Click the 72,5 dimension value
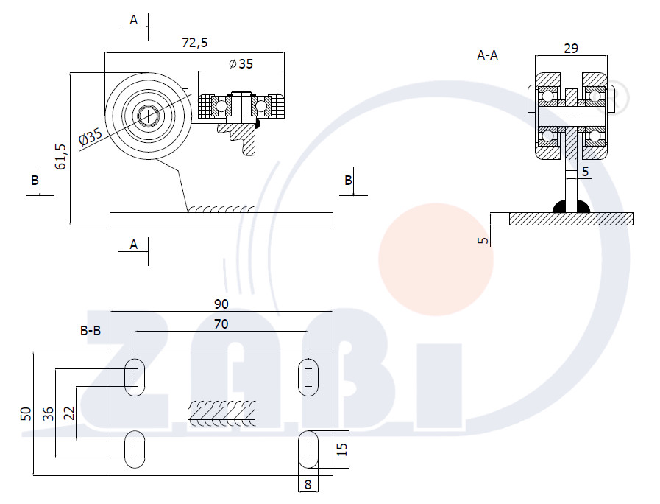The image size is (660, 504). pyautogui.click(x=194, y=43)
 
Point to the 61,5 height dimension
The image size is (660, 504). pyautogui.click(x=60, y=157)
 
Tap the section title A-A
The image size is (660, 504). pyautogui.click(x=487, y=55)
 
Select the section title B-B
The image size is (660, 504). pyautogui.click(x=91, y=331)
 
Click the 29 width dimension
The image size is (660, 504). pyautogui.click(x=571, y=49)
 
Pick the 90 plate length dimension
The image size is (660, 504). pyautogui.click(x=221, y=304)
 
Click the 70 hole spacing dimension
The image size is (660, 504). pyautogui.click(x=221, y=324)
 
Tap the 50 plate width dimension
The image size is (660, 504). pyautogui.click(x=26, y=413)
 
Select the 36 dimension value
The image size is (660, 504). pyautogui.click(x=49, y=413)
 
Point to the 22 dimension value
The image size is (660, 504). pyautogui.click(x=69, y=413)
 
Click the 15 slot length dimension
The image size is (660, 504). pyautogui.click(x=342, y=449)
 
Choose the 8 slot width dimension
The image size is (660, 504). pyautogui.click(x=308, y=485)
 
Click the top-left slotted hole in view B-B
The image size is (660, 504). pyautogui.click(x=135, y=377)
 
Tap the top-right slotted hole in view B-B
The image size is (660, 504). pyautogui.click(x=308, y=377)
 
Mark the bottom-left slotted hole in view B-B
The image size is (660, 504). pyautogui.click(x=135, y=449)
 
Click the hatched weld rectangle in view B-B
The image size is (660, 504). pyautogui.click(x=221, y=413)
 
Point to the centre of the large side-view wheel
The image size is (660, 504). pyautogui.click(x=148, y=116)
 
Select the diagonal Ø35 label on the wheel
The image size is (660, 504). pyautogui.click(x=91, y=137)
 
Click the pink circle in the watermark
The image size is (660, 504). pyautogui.click(x=436, y=259)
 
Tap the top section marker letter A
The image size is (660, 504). pyautogui.click(x=133, y=20)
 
